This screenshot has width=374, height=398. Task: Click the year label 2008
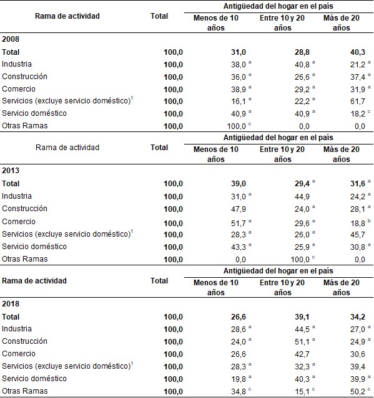coord(11,38)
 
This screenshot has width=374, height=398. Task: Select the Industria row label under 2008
coord(17,64)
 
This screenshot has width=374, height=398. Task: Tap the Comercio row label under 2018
coord(18,354)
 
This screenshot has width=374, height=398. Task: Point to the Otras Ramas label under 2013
coord(22,258)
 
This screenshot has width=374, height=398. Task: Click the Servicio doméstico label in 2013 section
coord(34,246)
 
